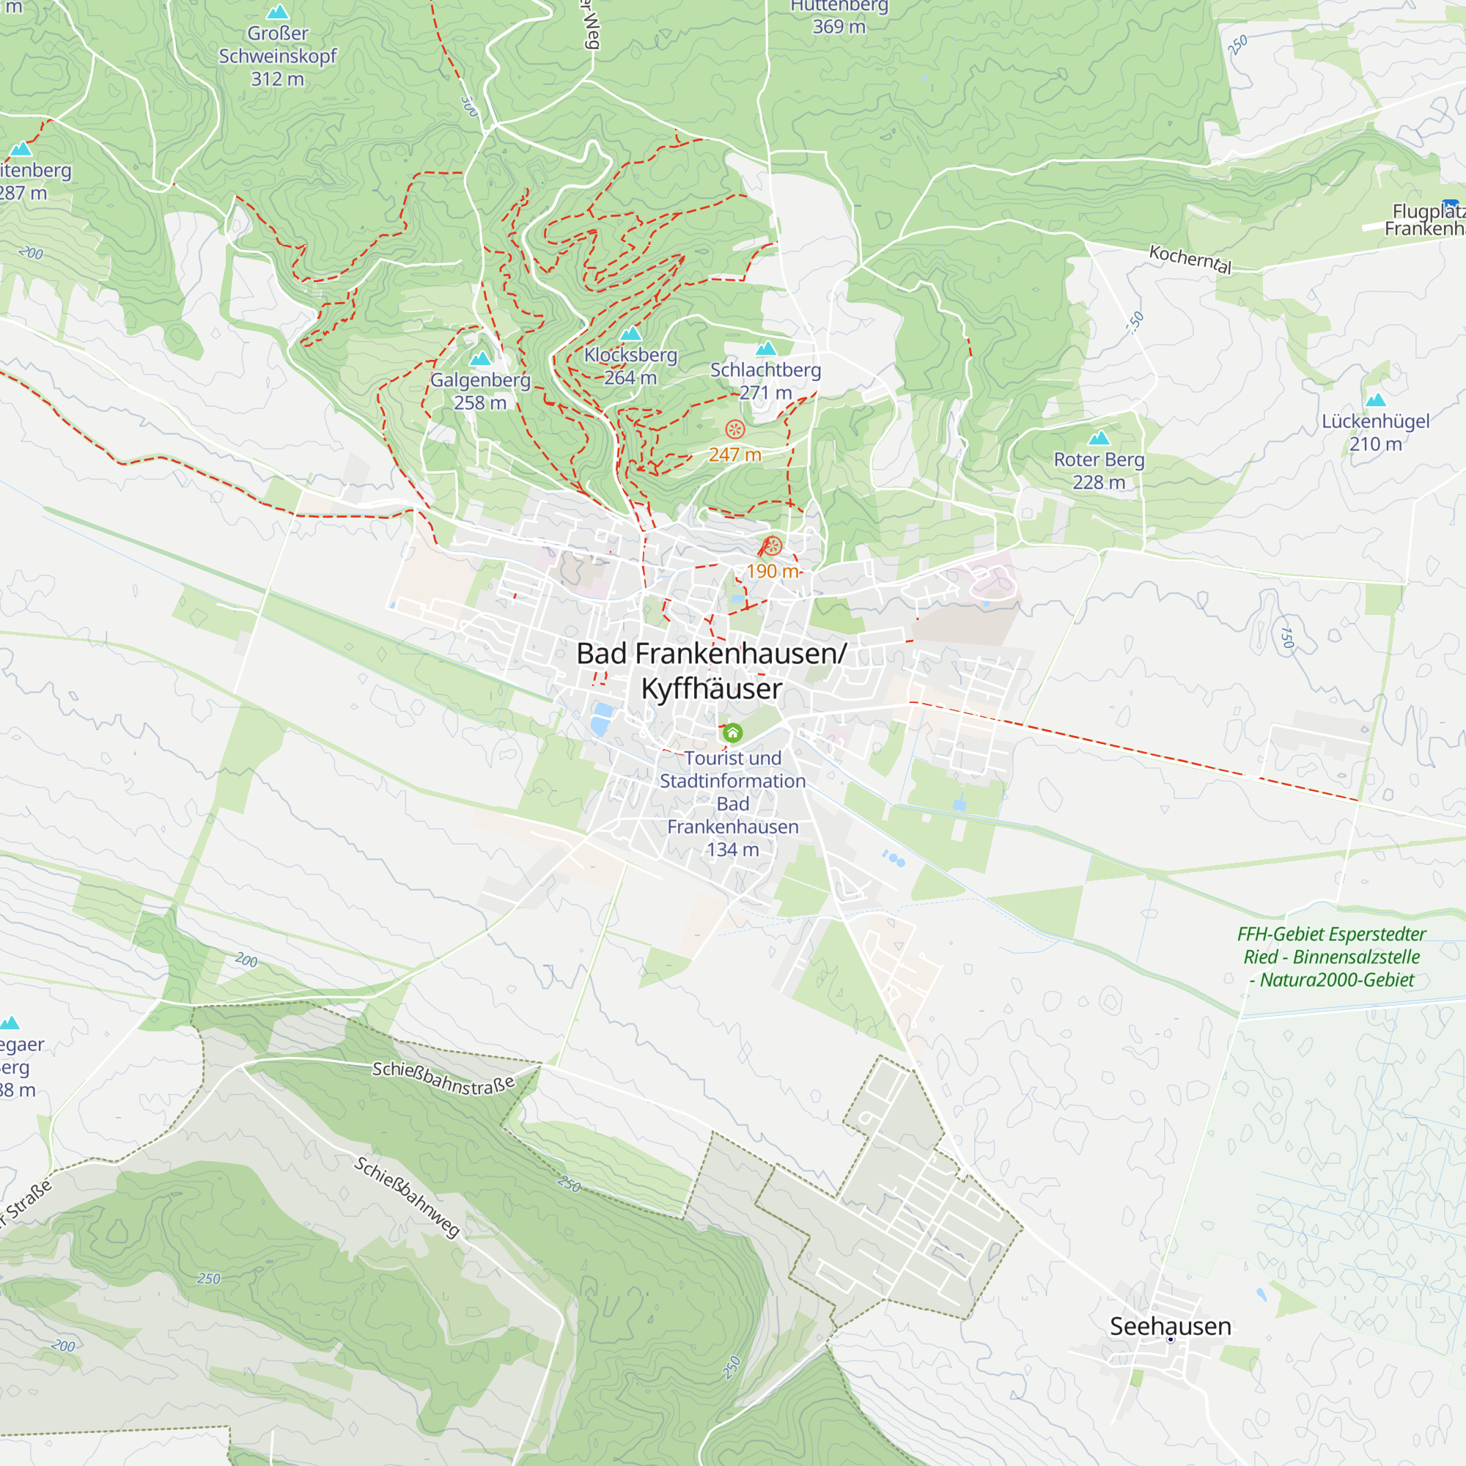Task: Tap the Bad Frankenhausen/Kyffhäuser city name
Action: tap(711, 671)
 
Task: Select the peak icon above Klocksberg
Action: tap(630, 334)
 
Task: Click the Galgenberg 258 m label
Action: tap(479, 391)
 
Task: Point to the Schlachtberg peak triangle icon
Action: tap(767, 348)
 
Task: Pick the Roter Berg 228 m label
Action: tap(1099, 471)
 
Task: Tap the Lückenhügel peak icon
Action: tap(1376, 400)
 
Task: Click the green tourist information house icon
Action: tap(732, 733)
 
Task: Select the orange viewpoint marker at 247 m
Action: tap(734, 430)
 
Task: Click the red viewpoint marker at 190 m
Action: tap(772, 545)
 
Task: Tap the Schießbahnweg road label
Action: tap(408, 1197)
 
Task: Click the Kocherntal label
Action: tap(1190, 259)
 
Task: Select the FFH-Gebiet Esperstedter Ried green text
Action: tap(1332, 957)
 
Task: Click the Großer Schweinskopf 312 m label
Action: tap(278, 56)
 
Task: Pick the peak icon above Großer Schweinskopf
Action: tap(278, 12)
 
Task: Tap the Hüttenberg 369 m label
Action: tap(839, 17)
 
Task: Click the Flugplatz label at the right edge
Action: tap(1425, 220)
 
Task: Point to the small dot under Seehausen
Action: tap(1170, 1340)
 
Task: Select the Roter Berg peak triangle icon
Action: tap(1099, 438)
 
